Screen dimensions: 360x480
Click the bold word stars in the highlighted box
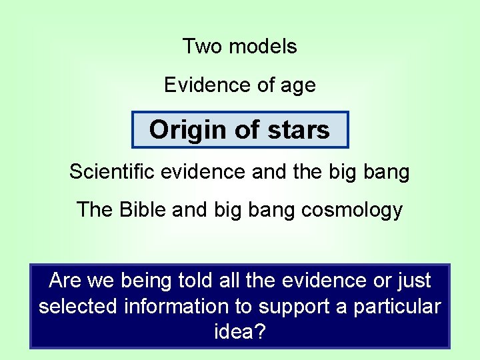297,129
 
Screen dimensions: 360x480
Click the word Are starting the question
65,281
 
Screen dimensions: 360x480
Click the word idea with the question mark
239,332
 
